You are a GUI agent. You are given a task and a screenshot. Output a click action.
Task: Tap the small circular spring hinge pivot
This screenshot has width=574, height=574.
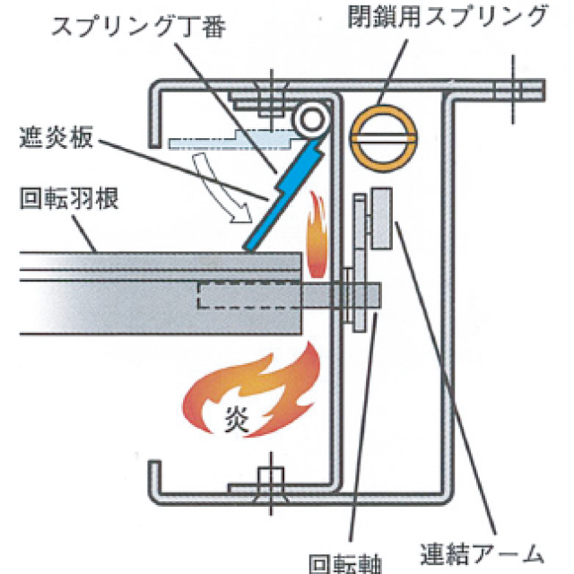[x=310, y=118]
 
